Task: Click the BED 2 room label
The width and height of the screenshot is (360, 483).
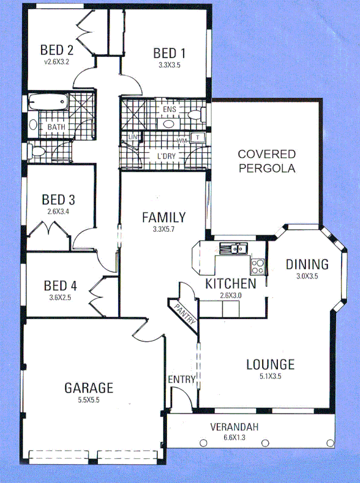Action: [57, 50]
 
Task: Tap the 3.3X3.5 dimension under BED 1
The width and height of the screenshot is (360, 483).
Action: [169, 65]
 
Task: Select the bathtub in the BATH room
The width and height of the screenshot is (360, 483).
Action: [48, 101]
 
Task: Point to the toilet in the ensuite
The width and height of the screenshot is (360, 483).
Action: [195, 115]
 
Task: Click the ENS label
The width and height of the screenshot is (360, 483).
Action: [169, 108]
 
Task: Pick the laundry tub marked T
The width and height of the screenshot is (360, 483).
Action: [198, 138]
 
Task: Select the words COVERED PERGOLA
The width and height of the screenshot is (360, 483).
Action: [266, 161]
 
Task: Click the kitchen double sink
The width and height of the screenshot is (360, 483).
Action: [233, 249]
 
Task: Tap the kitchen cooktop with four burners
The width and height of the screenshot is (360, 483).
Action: [257, 266]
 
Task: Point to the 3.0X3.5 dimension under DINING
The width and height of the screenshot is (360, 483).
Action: [306, 276]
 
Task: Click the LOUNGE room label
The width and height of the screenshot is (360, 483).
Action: [270, 364]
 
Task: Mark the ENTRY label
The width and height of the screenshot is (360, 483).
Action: [181, 380]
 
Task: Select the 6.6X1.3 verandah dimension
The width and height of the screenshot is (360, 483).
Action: [234, 438]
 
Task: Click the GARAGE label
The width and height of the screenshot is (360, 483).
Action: [89, 387]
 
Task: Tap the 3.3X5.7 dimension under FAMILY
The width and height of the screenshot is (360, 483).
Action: [163, 229]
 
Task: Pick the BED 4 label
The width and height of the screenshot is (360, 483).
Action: [60, 285]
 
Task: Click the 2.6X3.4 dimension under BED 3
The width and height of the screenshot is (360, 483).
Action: [58, 211]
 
